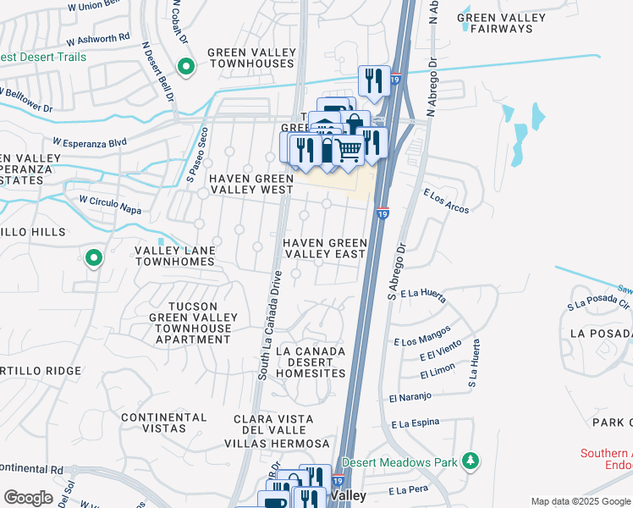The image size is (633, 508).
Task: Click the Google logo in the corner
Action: pos(27,498)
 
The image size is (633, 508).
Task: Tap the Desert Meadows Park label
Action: pos(400,461)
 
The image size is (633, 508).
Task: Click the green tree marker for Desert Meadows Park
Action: pos(470,461)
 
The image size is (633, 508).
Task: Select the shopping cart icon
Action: pos(350,150)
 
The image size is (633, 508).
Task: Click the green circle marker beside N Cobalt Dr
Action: pos(186,66)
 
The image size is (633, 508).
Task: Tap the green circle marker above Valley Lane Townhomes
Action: pos(93,257)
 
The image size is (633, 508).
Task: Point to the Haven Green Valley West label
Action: pos(251,184)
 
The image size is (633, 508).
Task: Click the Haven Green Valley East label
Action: pos(324,248)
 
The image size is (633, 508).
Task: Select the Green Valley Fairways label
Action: pos(495,23)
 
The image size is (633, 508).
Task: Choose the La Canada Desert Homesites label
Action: pos(311,362)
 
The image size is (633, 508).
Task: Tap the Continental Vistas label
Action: pos(163,422)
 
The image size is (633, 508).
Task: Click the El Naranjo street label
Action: pos(410,396)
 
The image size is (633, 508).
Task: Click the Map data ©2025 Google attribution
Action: pos(580,501)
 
